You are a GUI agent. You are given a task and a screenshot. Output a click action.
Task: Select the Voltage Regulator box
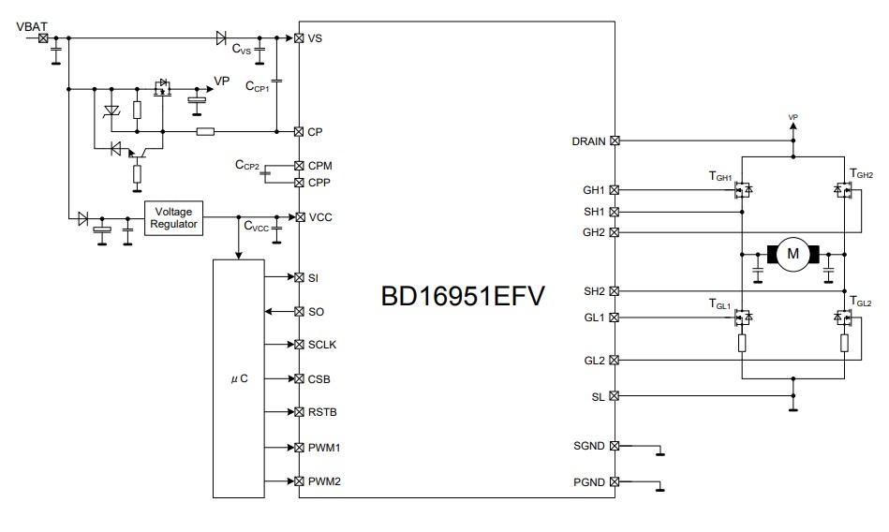pyautogui.click(x=173, y=217)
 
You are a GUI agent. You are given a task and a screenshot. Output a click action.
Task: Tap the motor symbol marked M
pyautogui.click(x=793, y=253)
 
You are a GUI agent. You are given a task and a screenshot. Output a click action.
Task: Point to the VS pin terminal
pyautogui.click(x=299, y=38)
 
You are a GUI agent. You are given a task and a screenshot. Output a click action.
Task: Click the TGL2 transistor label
pyautogui.click(x=859, y=303)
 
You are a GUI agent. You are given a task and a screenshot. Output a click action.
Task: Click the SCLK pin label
pyautogui.click(x=322, y=345)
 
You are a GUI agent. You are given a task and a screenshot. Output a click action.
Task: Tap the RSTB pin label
pyautogui.click(x=322, y=412)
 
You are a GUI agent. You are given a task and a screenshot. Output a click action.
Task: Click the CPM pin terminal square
pyautogui.click(x=299, y=166)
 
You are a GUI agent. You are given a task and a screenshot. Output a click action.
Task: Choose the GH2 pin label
pyautogui.click(x=593, y=232)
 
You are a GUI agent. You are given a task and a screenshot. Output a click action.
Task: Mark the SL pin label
pyautogui.click(x=598, y=396)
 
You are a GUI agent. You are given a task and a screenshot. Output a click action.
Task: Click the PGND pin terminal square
pyautogui.click(x=615, y=481)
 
